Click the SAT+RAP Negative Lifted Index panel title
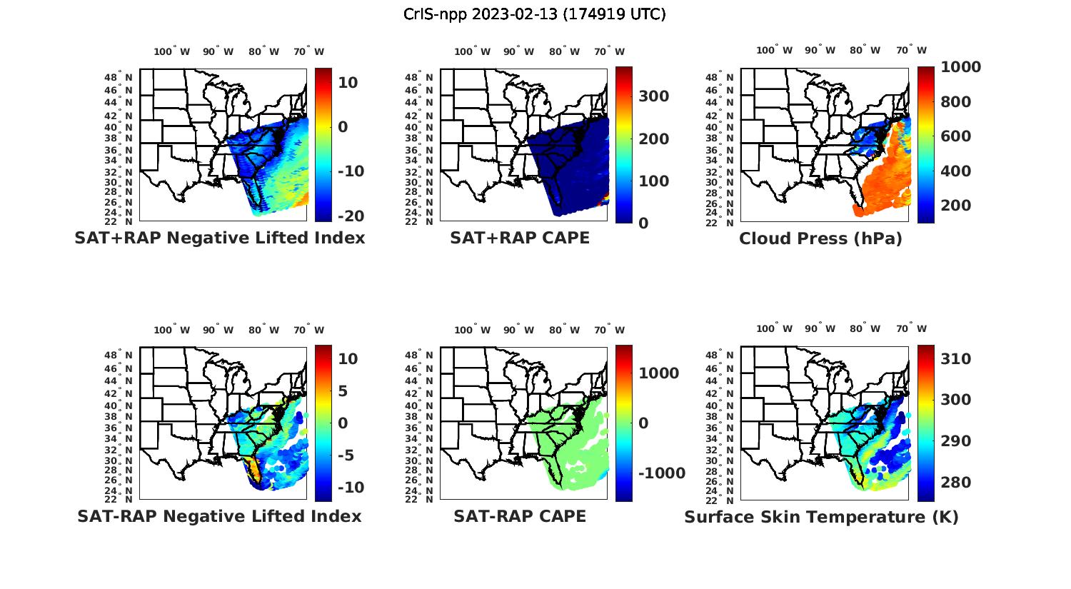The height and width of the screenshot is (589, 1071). [220, 238]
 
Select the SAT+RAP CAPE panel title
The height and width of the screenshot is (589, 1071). [520, 238]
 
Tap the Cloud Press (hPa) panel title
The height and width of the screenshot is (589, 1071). [820, 238]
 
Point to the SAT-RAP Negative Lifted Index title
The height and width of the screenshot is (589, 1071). [219, 516]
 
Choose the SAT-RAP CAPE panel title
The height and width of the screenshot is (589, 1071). [520, 516]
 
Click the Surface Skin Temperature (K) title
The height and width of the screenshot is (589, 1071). [821, 517]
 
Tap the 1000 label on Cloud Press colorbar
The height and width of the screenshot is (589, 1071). [960, 67]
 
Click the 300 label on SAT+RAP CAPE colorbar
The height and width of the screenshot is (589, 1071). [653, 96]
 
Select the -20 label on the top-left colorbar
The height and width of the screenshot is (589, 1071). [351, 216]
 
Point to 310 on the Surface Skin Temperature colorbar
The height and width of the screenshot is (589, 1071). [955, 359]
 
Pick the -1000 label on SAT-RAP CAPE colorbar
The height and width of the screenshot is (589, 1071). [661, 473]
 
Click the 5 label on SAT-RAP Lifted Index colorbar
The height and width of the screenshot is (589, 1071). [343, 391]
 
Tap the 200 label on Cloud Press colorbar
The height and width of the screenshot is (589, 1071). [955, 206]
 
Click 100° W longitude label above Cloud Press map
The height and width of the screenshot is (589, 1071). [775, 51]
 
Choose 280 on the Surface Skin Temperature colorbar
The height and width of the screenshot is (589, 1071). [955, 483]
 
